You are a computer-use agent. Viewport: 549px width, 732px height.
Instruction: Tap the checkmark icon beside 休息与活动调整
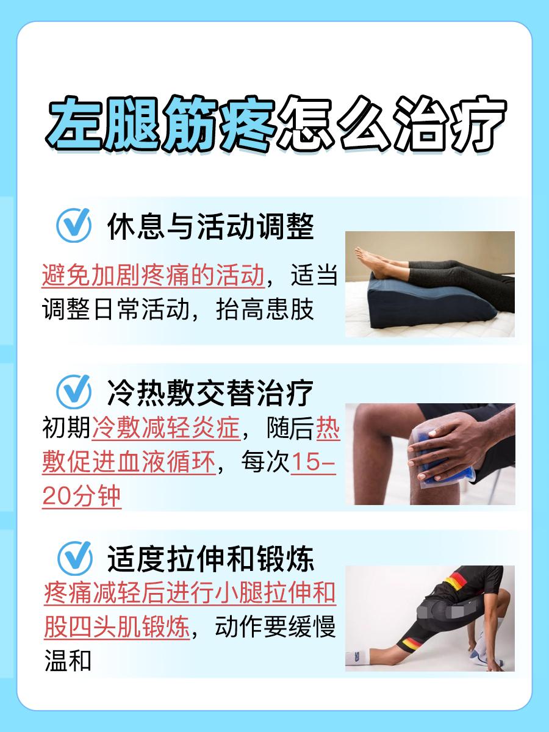click(73, 226)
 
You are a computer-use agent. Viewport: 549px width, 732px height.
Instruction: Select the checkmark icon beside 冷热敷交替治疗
click(73, 392)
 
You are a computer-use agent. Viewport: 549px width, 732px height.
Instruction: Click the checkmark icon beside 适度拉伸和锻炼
click(74, 558)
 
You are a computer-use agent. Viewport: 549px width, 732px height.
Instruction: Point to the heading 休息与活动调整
click(210, 227)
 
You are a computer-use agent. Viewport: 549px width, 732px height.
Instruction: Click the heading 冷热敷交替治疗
click(210, 393)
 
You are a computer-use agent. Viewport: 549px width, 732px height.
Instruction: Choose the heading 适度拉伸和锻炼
click(210, 559)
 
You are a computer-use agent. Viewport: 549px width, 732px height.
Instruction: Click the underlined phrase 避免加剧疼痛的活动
click(153, 275)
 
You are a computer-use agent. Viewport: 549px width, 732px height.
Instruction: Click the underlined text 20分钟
click(82, 498)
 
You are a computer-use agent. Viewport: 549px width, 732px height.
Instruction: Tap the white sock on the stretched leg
click(360, 658)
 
